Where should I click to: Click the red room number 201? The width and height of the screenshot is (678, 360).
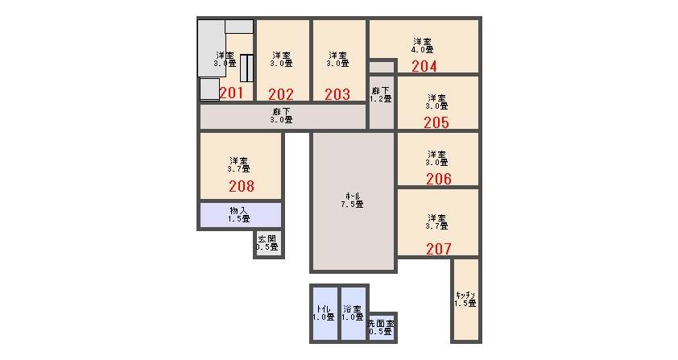click(231, 93)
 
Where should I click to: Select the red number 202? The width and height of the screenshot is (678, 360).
click(281, 94)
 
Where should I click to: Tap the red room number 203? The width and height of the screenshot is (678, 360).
click(337, 94)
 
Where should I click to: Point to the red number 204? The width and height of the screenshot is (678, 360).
click(424, 66)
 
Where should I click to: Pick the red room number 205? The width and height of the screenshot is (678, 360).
click(436, 123)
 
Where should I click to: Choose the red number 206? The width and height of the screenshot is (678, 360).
click(439, 179)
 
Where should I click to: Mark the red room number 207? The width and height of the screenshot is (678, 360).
click(439, 249)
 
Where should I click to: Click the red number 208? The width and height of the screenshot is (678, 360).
click(242, 186)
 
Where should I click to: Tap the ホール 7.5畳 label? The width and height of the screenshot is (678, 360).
click(352, 200)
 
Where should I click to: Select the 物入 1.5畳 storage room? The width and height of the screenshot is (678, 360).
click(241, 215)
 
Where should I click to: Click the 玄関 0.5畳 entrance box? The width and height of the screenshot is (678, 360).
click(268, 243)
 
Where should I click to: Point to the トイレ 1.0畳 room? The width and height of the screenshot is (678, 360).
click(324, 313)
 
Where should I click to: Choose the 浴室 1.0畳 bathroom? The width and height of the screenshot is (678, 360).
click(353, 313)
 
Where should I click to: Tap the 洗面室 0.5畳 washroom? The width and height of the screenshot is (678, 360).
click(382, 328)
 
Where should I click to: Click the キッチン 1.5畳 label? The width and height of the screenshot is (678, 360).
click(465, 300)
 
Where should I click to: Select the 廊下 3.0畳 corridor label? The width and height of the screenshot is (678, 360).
click(282, 116)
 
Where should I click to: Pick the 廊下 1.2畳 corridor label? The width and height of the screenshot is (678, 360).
click(381, 95)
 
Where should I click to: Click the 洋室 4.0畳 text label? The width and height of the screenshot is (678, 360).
click(423, 45)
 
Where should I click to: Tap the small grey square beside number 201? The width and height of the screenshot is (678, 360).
click(209, 89)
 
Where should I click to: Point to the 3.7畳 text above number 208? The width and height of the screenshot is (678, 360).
click(238, 169)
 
